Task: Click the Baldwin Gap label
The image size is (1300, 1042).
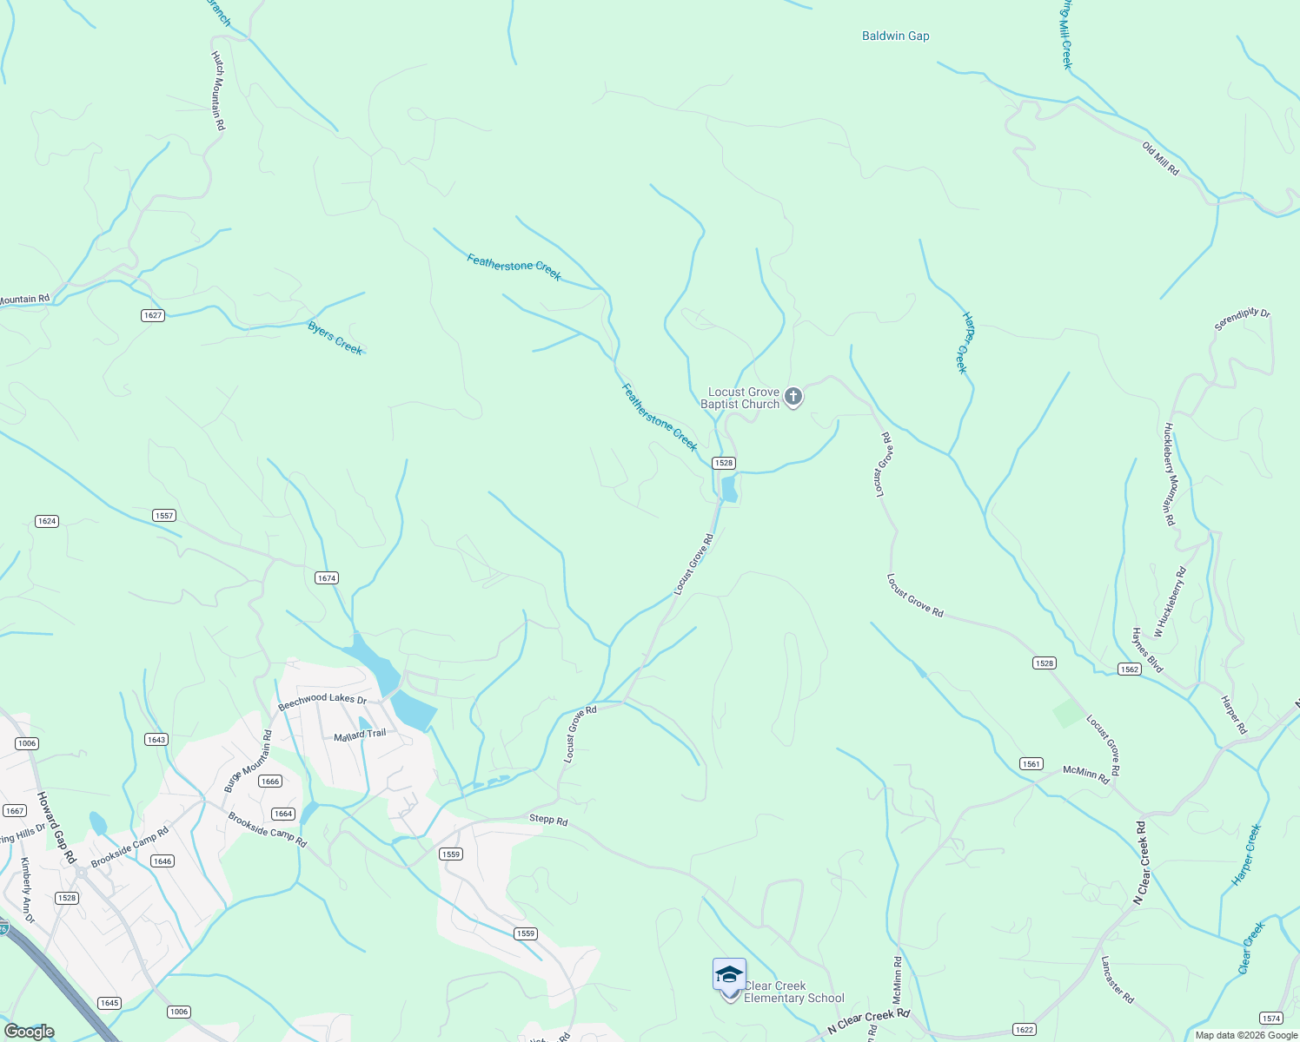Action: (895, 36)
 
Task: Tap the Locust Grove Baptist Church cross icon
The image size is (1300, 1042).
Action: (793, 398)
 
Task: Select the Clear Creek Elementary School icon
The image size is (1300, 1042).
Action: (729, 975)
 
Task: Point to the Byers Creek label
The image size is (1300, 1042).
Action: (335, 338)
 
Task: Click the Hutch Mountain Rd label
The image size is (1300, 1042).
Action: (218, 91)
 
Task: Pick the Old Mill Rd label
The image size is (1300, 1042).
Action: (1160, 160)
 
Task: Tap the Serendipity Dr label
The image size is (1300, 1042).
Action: (1242, 320)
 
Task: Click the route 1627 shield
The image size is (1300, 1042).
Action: (153, 315)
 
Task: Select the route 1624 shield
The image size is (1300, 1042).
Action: (47, 521)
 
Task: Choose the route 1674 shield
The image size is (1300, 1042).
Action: (327, 578)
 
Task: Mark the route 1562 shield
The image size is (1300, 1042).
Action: (1129, 669)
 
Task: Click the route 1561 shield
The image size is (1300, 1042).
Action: (1031, 764)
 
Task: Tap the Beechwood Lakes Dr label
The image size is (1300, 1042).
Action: (322, 702)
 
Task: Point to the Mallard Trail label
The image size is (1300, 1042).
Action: (360, 735)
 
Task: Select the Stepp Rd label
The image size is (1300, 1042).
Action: (548, 820)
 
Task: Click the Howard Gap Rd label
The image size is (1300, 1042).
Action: (56, 827)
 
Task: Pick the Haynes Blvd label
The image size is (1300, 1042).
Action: (1146, 650)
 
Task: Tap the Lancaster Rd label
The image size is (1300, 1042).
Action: (1117, 980)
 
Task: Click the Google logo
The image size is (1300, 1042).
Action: (29, 1032)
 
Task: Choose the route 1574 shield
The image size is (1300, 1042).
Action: (1270, 1019)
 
